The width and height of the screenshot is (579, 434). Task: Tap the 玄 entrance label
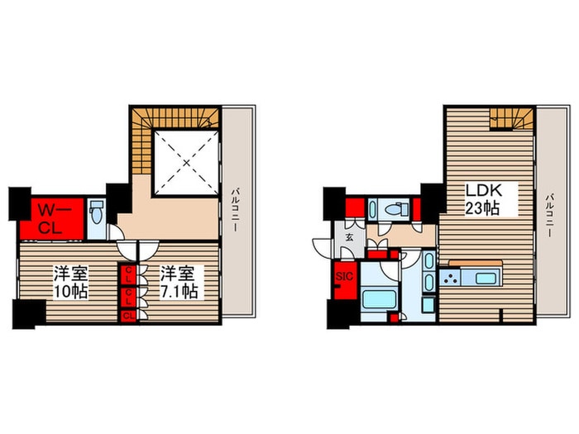348,237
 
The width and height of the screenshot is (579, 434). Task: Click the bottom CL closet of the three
128,314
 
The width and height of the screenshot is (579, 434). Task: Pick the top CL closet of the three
128,273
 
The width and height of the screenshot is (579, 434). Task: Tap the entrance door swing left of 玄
323,246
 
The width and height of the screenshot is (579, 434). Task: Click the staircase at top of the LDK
511,122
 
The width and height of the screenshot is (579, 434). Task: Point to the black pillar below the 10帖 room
29,314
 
